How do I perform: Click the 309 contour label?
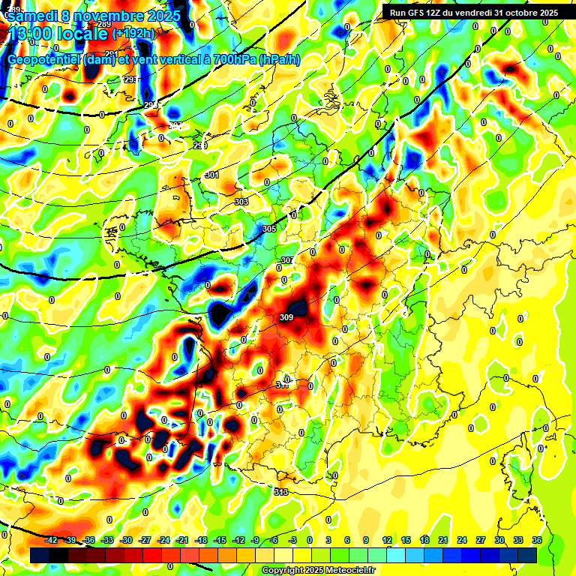tap(286, 318)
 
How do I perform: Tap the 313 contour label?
tap(281, 492)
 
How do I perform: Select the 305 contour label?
tap(269, 229)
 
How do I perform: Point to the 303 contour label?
tap(241, 202)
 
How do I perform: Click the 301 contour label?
tap(212, 175)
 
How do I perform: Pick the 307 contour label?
tap(286, 260)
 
